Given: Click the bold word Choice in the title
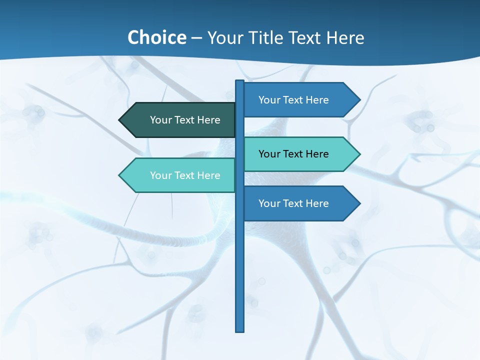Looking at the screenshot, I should click(156, 37).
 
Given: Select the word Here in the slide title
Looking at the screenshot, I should click(345, 37).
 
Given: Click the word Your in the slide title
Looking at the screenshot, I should click(224, 37).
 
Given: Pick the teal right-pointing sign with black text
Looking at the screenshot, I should click(297, 154).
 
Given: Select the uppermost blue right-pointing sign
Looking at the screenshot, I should click(297, 100).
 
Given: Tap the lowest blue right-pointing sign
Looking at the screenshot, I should click(297, 203).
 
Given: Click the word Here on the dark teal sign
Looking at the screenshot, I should click(208, 120).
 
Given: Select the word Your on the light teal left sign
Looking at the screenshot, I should click(160, 175).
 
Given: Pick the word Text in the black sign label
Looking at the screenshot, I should click(294, 154).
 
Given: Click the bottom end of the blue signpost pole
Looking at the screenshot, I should click(240, 329).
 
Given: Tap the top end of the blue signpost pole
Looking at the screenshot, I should click(240, 82).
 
